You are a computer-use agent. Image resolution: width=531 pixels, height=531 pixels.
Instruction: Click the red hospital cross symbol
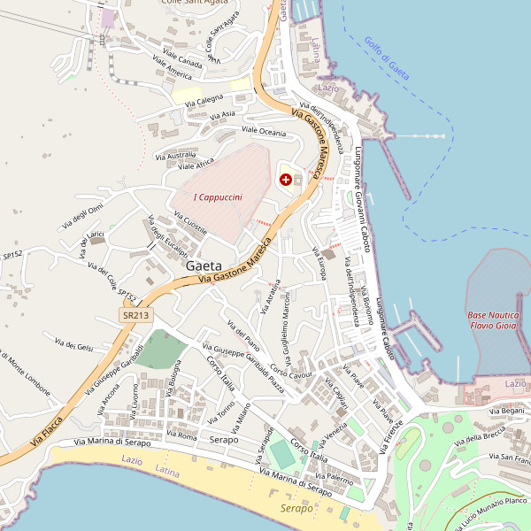click(286, 180)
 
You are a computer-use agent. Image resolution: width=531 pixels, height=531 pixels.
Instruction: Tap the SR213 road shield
click(135, 315)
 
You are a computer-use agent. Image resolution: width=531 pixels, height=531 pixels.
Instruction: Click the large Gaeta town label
click(204, 265)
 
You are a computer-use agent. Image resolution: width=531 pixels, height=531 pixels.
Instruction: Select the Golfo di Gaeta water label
click(387, 58)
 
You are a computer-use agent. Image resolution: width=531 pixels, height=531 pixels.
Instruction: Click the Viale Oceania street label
click(264, 132)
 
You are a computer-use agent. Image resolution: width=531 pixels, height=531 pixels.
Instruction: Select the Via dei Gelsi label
click(73, 345)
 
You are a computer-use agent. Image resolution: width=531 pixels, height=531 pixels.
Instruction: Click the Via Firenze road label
click(392, 435)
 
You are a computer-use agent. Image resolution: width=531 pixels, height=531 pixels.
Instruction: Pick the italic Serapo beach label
click(296, 509)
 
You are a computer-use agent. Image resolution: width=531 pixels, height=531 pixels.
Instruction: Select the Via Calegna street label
click(204, 102)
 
